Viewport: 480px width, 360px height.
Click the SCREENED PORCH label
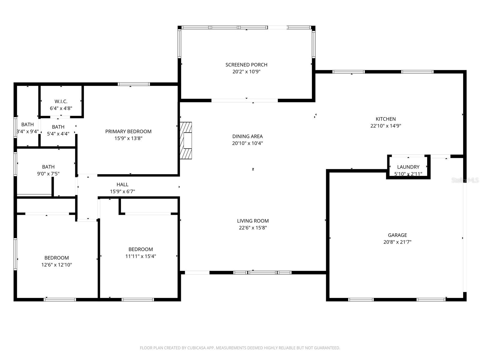[x=246, y=65]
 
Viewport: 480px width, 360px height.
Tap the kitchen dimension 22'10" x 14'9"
[x=385, y=126]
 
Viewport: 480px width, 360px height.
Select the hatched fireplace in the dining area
[x=186, y=140]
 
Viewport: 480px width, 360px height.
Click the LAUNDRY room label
[x=408, y=167]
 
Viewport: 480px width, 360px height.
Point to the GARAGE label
[x=397, y=235]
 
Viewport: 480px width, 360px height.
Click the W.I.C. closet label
[x=61, y=101]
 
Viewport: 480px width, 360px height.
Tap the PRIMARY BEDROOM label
[x=128, y=131]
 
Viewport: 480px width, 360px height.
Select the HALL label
[x=122, y=184]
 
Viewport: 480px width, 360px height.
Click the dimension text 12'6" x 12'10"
[x=57, y=265]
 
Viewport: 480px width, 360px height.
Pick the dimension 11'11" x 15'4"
[x=140, y=256]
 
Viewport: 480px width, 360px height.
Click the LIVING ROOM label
[x=253, y=221]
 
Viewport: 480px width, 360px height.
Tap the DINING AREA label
[x=247, y=136]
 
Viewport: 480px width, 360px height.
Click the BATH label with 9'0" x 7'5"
[x=48, y=167]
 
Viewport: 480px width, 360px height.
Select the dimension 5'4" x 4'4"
[x=58, y=134]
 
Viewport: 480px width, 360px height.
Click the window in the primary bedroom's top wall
[x=133, y=84]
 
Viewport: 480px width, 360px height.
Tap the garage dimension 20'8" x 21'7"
[x=397, y=242]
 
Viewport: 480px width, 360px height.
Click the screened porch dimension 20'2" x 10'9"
[x=246, y=72]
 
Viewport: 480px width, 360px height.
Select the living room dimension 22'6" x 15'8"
[x=253, y=228]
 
